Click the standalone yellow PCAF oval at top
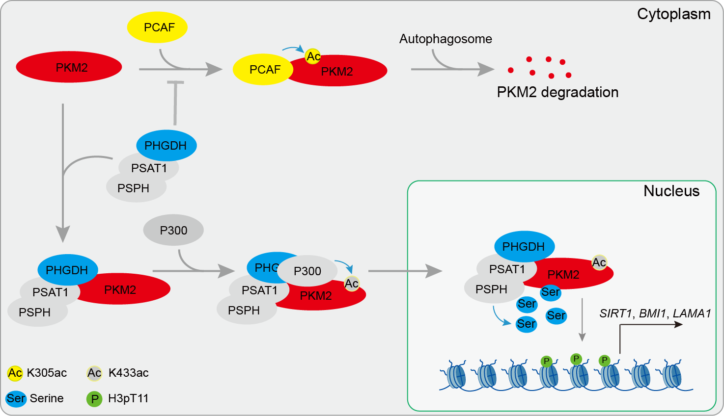point(158,27)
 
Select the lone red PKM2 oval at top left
point(69,67)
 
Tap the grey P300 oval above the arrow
point(173,230)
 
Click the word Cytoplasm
point(673,14)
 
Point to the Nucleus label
point(671,191)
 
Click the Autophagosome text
point(446,39)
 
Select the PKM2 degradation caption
point(557,92)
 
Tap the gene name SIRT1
point(616,313)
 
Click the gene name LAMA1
point(692,313)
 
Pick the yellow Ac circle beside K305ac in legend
point(15,373)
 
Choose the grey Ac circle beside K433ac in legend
point(94,373)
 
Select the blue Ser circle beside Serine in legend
point(16,398)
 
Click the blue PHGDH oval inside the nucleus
point(524,246)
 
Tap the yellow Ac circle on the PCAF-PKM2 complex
point(313,56)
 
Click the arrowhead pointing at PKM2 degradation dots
point(486,70)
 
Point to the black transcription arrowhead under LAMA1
point(678,325)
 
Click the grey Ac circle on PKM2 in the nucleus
point(599,262)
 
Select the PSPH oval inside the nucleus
point(491,289)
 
